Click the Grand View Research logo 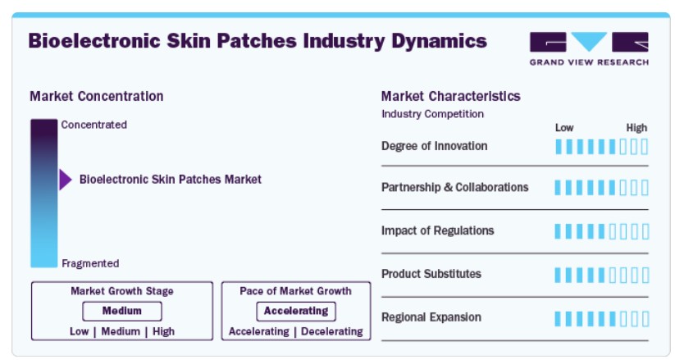tap(589, 48)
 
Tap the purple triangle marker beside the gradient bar tap(66, 180)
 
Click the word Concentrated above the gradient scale tap(93, 125)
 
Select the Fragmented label tap(90, 263)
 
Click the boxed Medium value tap(122, 311)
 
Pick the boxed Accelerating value tap(296, 311)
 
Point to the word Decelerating tap(332, 331)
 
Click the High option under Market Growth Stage tap(163, 331)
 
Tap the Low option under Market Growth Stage tap(80, 331)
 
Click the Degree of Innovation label tap(435, 147)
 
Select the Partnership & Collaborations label tap(455, 187)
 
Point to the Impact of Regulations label tap(437, 230)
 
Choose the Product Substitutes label tap(431, 274)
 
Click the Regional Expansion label tap(431, 317)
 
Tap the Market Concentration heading tap(97, 96)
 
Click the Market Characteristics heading tap(451, 96)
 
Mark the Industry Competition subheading tap(432, 114)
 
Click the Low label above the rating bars tap(564, 128)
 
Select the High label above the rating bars tap(636, 128)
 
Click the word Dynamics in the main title tap(439, 41)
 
